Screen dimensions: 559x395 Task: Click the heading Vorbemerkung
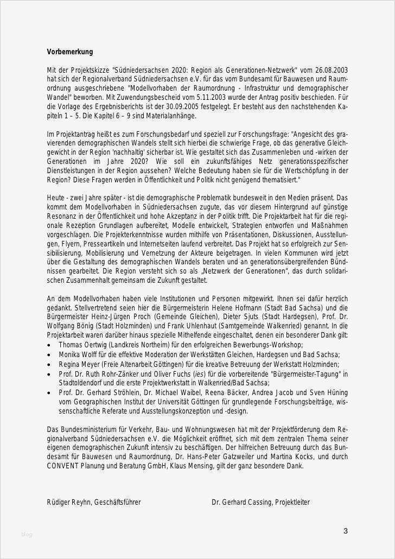click(x=70, y=52)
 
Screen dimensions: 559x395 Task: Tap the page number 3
click(x=345, y=531)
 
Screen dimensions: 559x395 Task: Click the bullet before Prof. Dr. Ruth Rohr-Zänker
click(x=50, y=374)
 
